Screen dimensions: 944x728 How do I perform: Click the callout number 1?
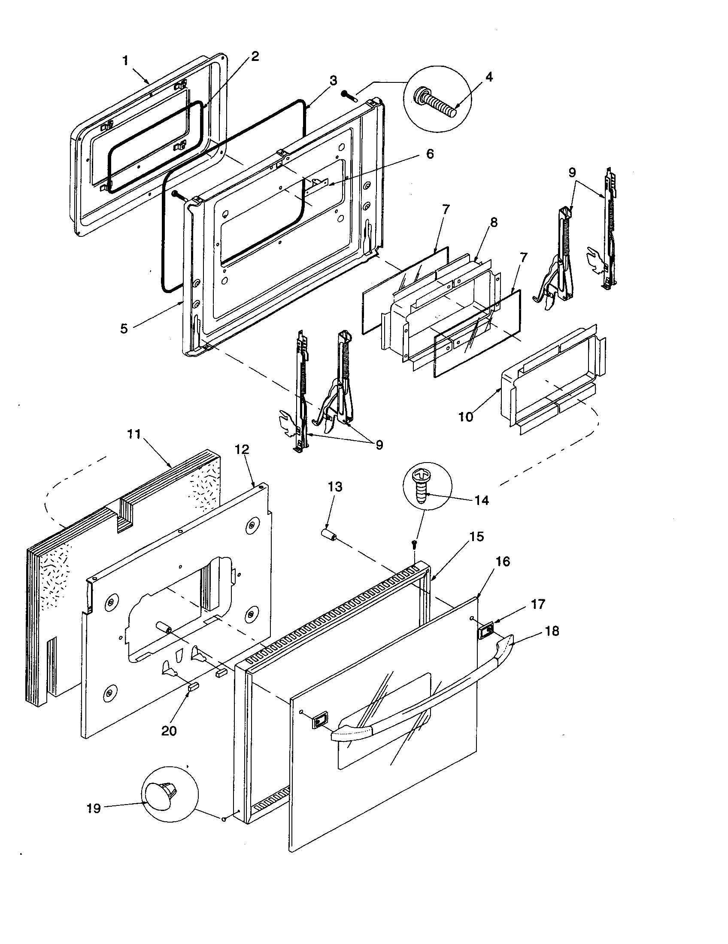pos(125,61)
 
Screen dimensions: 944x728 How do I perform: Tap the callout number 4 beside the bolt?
pos(488,77)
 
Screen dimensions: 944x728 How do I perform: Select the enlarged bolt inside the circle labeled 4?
pos(436,103)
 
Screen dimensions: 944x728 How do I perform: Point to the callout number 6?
pos(430,154)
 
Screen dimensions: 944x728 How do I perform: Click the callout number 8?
pos(494,223)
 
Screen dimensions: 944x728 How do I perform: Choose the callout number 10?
pos(466,417)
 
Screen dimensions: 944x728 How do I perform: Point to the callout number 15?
pos(476,537)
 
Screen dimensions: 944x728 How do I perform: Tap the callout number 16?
pos(503,562)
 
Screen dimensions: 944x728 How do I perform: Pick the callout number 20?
pos(169,731)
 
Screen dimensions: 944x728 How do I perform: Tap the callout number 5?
pos(124,329)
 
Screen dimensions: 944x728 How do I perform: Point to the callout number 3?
pos(333,80)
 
